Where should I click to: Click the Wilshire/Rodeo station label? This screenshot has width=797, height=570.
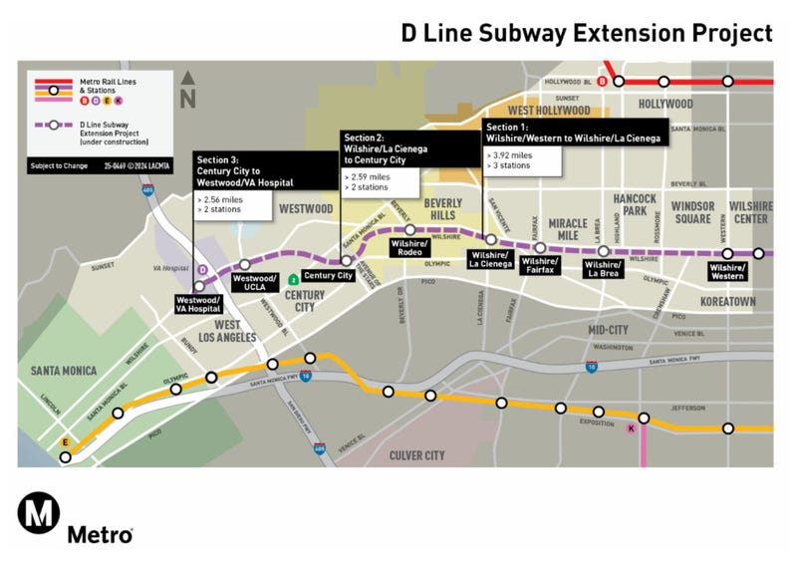pyautogui.click(x=409, y=248)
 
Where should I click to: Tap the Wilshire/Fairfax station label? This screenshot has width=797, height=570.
pyautogui.click(x=539, y=266)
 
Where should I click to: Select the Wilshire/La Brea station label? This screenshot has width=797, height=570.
pyautogui.click(x=603, y=267)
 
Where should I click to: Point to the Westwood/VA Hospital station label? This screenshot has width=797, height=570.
pyautogui.click(x=197, y=304)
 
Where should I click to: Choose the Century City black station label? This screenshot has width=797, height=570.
pyautogui.click(x=328, y=276)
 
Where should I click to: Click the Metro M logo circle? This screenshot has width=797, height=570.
pyautogui.click(x=38, y=515)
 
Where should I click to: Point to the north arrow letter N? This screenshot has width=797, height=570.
pyautogui.click(x=187, y=99)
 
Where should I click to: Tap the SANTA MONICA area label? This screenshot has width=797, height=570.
pyautogui.click(x=64, y=371)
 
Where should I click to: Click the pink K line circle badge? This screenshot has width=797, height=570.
pyautogui.click(x=630, y=429)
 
